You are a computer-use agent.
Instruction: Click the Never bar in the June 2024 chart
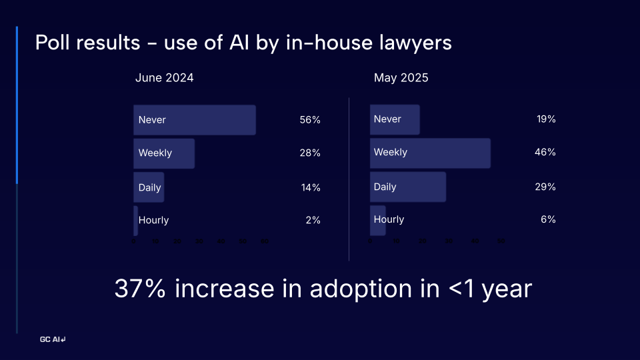click(x=195, y=120)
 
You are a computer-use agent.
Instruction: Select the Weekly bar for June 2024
click(x=164, y=153)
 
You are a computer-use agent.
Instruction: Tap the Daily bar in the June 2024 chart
click(x=149, y=187)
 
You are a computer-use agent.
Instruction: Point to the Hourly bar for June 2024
click(x=136, y=221)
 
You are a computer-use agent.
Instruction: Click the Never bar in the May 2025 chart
click(x=395, y=119)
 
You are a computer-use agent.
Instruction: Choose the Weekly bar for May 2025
click(x=430, y=153)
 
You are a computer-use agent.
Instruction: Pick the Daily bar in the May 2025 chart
click(x=408, y=187)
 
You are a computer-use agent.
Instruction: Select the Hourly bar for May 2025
click(x=378, y=220)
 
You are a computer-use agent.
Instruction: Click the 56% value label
click(x=310, y=120)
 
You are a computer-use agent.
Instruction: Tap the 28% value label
click(x=310, y=153)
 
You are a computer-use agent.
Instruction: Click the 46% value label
click(x=545, y=153)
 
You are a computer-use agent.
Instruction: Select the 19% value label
click(x=546, y=119)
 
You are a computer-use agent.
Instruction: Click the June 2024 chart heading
click(x=165, y=78)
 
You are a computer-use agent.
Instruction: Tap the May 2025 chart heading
click(x=401, y=78)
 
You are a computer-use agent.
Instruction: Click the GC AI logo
click(x=53, y=340)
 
